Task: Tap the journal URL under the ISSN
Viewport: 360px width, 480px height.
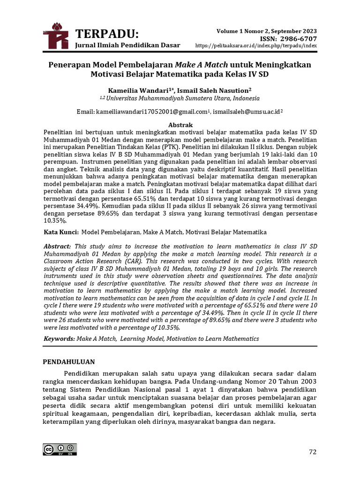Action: pos(255,45)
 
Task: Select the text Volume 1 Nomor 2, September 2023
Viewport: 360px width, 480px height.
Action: pos(266,30)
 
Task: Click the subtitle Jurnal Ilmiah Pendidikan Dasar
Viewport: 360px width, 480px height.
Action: pos(127,45)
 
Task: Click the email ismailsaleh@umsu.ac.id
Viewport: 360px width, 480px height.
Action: pos(246,112)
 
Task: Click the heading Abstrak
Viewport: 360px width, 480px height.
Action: pos(180,125)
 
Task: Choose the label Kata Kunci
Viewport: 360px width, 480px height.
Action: pos(60,232)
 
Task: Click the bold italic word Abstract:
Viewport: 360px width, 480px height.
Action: pos(58,246)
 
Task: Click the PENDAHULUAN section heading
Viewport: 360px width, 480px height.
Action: pos(69,362)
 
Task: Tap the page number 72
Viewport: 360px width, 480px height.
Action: pos(312,452)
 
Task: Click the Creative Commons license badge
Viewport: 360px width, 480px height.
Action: pos(60,449)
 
